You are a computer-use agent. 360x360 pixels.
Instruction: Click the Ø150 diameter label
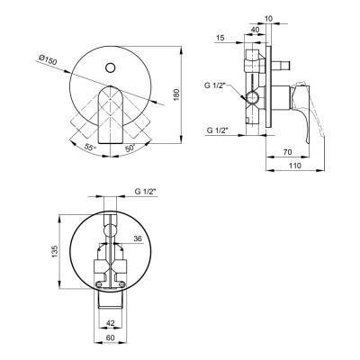pos(48,60)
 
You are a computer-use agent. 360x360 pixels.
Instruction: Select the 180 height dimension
pos(176,94)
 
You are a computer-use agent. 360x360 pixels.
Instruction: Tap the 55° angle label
pos(90,148)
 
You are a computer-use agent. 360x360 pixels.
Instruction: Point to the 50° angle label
pos(130,148)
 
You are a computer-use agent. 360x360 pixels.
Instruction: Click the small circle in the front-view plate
pos(111,67)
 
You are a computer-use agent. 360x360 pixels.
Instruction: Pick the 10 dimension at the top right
pos(269,19)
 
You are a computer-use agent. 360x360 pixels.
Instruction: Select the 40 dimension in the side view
pos(255,30)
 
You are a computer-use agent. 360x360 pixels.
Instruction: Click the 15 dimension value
pos(220,38)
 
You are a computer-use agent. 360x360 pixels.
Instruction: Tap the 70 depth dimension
pos(287,152)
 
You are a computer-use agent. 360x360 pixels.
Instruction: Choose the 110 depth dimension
pos(295,166)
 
